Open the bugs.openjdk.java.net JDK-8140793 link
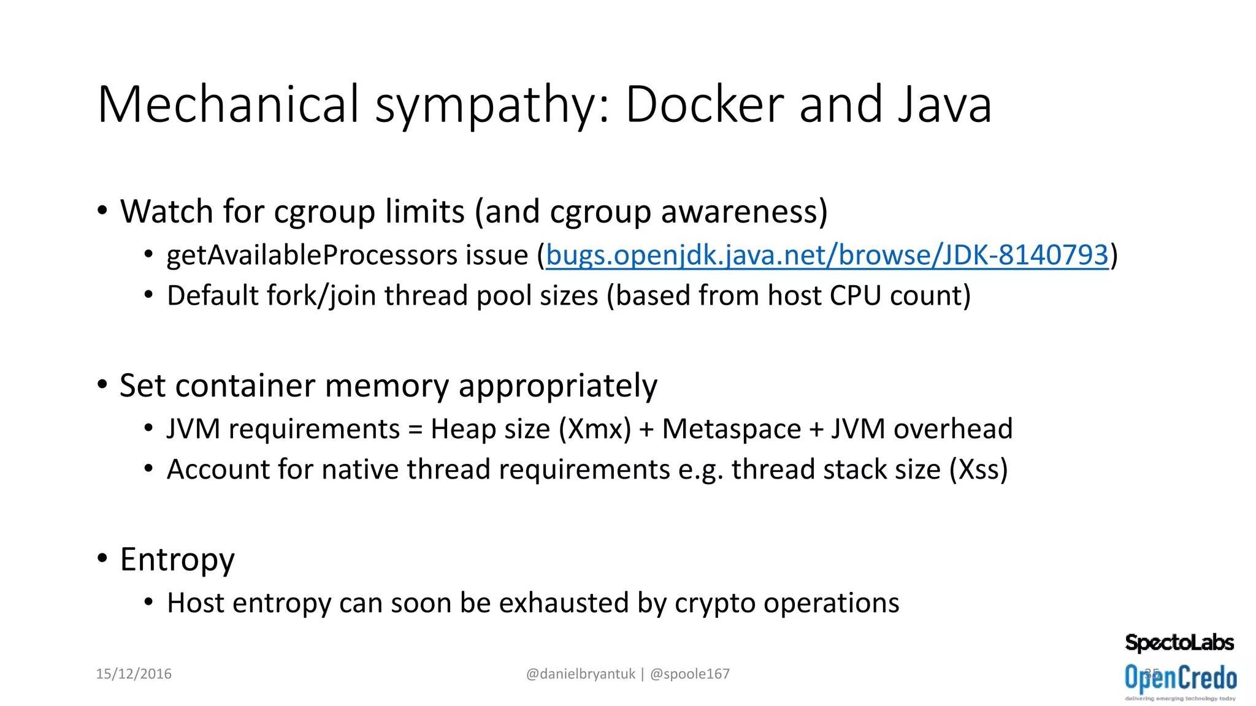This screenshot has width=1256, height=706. point(827,255)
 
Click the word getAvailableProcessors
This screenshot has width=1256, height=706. point(347,255)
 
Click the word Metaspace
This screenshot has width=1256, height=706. point(732,428)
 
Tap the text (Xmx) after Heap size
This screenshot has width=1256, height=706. point(595,428)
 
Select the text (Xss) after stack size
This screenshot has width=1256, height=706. point(978,469)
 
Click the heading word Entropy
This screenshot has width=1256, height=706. point(177,560)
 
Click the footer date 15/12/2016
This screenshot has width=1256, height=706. point(134,674)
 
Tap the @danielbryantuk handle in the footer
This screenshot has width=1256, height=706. point(580,674)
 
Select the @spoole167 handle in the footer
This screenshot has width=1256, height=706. point(689,674)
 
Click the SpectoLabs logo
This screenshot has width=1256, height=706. point(1179,642)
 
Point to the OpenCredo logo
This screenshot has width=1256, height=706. point(1181,679)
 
